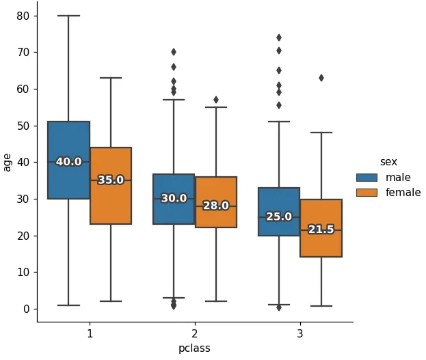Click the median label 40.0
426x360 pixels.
click(x=68, y=162)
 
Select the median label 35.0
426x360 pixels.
click(x=111, y=180)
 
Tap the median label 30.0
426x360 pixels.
click(x=174, y=198)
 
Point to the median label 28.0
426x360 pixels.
click(x=215, y=206)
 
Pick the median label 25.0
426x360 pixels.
click(x=279, y=217)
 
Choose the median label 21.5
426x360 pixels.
click(x=321, y=230)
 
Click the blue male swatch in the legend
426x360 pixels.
click(x=367, y=178)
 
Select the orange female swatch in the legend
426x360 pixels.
click(x=367, y=193)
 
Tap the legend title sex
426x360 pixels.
click(x=388, y=162)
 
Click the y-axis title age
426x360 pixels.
click(x=8, y=162)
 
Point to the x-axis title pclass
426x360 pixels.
click(x=195, y=348)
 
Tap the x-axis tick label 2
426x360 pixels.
click(x=195, y=334)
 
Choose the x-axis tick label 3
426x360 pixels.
click(x=300, y=334)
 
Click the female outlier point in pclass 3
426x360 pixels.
click(x=321, y=78)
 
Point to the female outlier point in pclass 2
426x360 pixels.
click(x=216, y=100)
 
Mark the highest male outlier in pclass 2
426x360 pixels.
click(x=174, y=52)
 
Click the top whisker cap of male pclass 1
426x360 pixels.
click(x=68, y=16)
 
